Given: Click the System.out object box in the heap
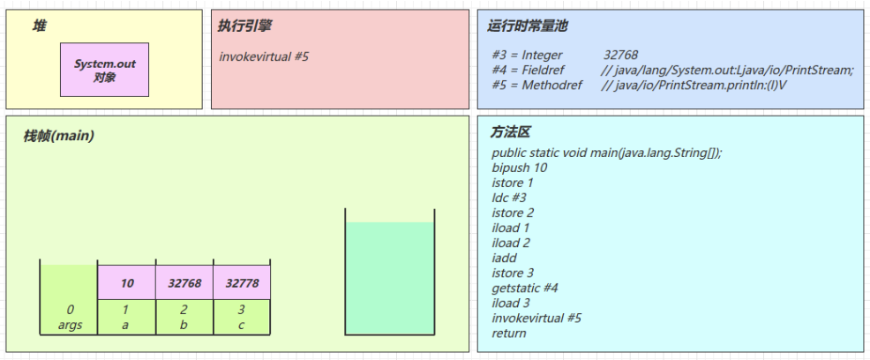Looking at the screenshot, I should (x=104, y=70).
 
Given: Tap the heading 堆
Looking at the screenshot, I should (x=39, y=26).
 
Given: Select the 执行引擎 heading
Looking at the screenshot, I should (x=244, y=26).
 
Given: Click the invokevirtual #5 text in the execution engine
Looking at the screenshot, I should (x=264, y=57).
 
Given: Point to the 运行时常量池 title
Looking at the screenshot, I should (x=528, y=26).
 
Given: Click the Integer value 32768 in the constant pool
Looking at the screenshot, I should (x=620, y=55).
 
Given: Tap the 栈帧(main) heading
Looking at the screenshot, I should (x=58, y=137).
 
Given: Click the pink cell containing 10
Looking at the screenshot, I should (x=126, y=283).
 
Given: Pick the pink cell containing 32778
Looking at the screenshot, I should (x=241, y=283).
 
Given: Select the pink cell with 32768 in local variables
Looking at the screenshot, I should (x=184, y=283).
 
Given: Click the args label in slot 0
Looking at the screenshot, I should (x=70, y=325).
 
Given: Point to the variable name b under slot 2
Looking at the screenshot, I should (x=184, y=325).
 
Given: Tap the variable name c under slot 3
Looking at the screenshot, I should (x=241, y=325).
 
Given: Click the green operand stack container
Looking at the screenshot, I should (x=389, y=277).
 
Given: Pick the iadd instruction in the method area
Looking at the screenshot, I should (x=505, y=258).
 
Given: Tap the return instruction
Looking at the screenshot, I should (x=508, y=333).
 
